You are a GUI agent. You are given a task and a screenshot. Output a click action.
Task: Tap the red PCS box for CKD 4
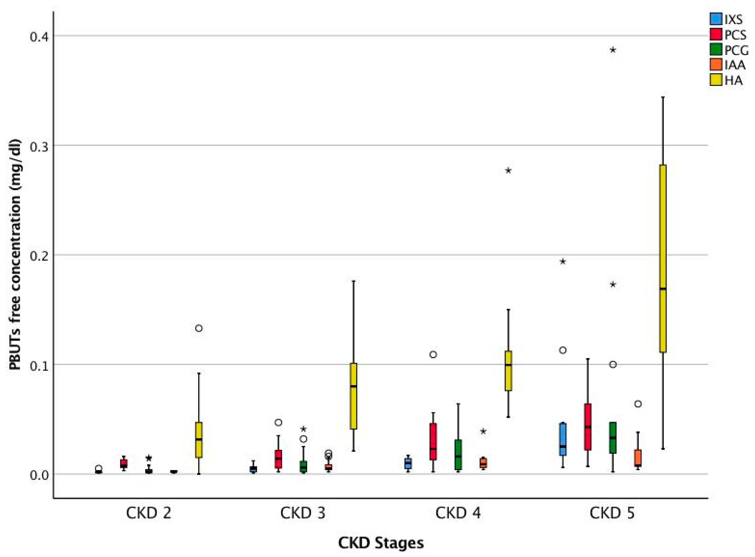433,442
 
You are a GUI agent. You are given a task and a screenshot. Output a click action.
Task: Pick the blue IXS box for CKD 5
563,439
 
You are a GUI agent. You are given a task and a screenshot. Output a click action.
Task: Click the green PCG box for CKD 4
458,454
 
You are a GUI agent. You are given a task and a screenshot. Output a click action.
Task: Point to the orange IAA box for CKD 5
638,458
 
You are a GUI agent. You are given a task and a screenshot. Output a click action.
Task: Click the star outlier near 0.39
613,50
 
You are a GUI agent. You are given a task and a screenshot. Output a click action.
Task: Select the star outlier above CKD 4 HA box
508,171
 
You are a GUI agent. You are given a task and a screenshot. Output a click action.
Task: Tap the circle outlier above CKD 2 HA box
199,328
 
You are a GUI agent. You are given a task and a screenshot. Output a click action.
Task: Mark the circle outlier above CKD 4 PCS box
433,354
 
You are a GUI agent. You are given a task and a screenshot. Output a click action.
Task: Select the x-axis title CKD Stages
381,543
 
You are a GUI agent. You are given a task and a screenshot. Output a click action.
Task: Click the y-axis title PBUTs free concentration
15,255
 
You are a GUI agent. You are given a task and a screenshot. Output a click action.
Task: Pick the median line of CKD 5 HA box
663,289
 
